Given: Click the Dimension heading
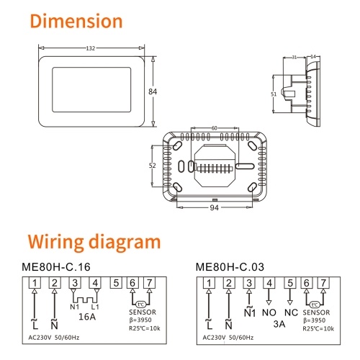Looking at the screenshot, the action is pyautogui.click(x=76, y=21).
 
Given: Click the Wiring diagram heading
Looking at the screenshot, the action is pyautogui.click(x=94, y=243).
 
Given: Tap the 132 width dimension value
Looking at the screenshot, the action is pyautogui.click(x=91, y=48).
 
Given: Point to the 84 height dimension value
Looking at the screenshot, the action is pyautogui.click(x=153, y=91).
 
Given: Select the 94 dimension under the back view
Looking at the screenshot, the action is pyautogui.click(x=214, y=207).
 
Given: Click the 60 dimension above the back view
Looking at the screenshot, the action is pyautogui.click(x=214, y=128).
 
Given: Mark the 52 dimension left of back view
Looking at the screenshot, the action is pyautogui.click(x=152, y=166).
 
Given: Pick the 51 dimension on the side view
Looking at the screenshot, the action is pyautogui.click(x=274, y=94).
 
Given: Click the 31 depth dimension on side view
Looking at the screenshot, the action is pyautogui.click(x=294, y=57).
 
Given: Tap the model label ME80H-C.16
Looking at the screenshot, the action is pyautogui.click(x=56, y=267).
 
